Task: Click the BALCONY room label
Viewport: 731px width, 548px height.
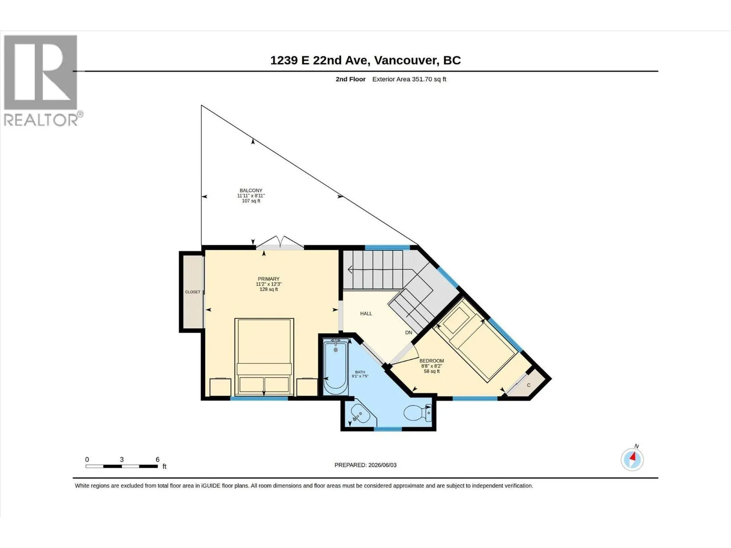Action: click(x=251, y=190)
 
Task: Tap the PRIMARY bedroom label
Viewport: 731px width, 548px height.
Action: click(x=269, y=279)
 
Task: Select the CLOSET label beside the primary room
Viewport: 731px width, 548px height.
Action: click(x=193, y=292)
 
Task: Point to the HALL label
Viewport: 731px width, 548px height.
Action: click(x=366, y=313)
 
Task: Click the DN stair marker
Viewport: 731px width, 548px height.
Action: click(x=408, y=332)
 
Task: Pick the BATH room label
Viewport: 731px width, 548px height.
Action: click(x=360, y=372)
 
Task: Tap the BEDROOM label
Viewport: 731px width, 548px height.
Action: click(x=432, y=361)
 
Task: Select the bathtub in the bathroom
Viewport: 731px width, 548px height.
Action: click(x=336, y=367)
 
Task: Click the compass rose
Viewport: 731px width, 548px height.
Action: click(x=632, y=460)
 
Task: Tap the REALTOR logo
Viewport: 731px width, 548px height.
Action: click(x=41, y=80)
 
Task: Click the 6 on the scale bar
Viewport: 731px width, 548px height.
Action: click(x=158, y=459)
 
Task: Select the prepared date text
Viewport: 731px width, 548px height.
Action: click(x=365, y=465)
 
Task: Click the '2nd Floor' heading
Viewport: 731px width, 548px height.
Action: click(x=350, y=79)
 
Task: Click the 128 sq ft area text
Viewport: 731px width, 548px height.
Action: click(x=269, y=290)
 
